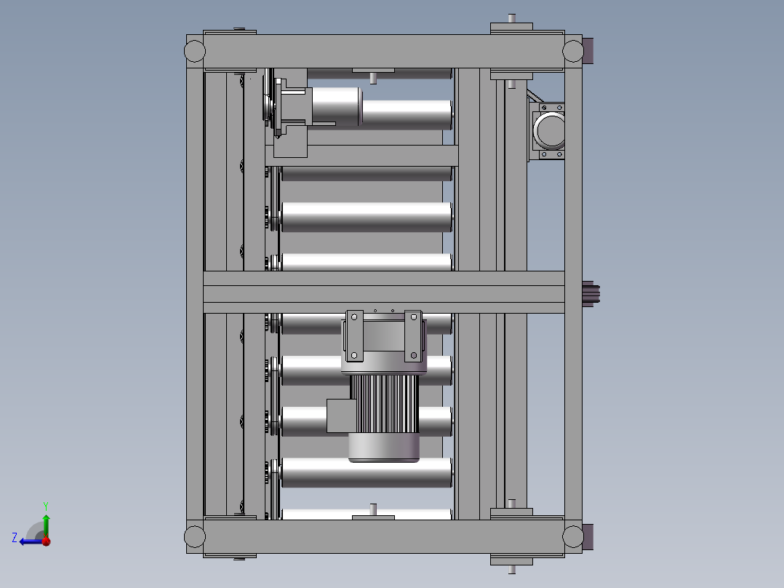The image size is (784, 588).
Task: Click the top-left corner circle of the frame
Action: [x=195, y=51]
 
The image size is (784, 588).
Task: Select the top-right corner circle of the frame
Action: [x=573, y=51]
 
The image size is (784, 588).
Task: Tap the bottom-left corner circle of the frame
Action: [x=195, y=537]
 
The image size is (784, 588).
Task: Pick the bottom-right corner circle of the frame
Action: [x=573, y=537]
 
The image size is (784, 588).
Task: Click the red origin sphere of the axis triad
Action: [x=46, y=541]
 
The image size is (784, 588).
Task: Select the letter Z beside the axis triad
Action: [x=15, y=538]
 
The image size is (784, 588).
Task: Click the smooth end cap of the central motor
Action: [x=384, y=448]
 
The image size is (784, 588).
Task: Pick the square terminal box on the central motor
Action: [x=339, y=416]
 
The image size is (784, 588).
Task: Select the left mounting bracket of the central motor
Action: [x=354, y=335]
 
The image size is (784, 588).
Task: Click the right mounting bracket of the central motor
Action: [x=413, y=335]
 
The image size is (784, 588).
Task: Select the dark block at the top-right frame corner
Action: [x=590, y=51]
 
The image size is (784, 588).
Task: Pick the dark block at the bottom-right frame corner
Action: [x=590, y=537]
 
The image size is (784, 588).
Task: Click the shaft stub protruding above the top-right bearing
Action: [x=512, y=18]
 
